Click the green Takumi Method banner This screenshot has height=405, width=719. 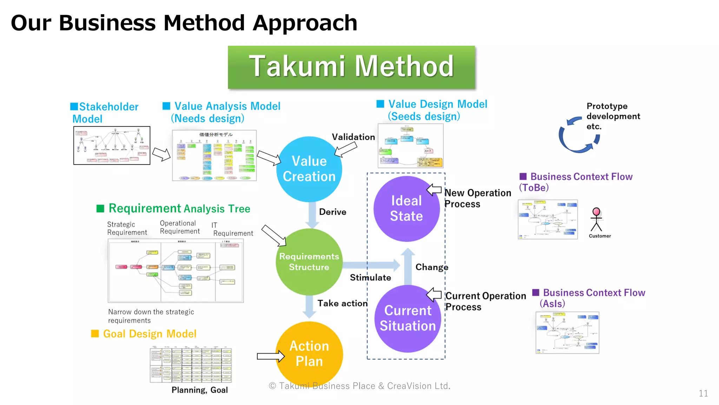(351, 67)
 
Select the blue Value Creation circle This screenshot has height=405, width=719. (309, 169)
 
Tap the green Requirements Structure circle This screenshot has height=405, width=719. (309, 262)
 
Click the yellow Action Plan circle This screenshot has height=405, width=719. (309, 353)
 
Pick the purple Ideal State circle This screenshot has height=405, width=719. (407, 208)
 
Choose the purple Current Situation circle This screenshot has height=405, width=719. (408, 318)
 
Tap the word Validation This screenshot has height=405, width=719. (353, 137)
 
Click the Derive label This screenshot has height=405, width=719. (332, 212)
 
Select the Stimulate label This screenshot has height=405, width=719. (370, 278)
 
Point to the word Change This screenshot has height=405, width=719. (431, 267)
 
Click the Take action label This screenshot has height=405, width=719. (342, 303)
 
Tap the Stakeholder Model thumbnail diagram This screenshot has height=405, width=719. (112, 146)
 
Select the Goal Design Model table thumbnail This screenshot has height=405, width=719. (191, 365)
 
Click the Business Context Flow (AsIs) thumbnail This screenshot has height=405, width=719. (567, 333)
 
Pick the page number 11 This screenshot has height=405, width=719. (703, 393)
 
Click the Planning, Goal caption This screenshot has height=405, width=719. (199, 390)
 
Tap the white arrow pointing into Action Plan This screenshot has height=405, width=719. (270, 356)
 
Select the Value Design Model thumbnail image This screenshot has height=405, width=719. (410, 146)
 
